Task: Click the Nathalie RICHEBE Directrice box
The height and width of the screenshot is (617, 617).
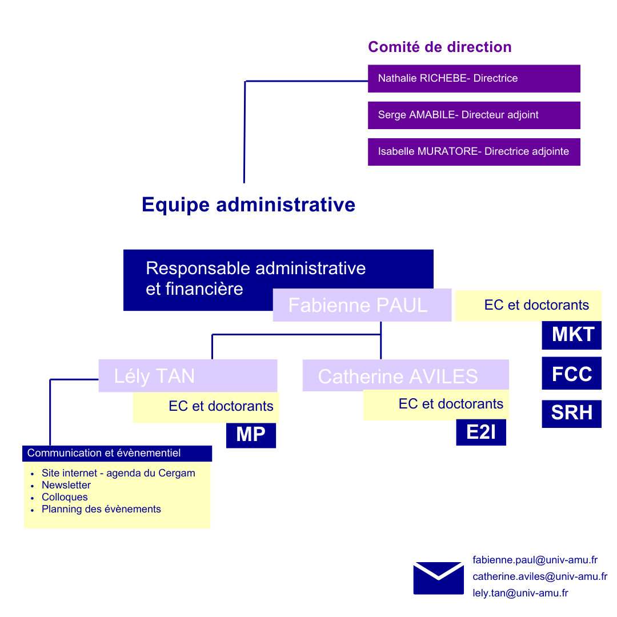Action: click(474, 78)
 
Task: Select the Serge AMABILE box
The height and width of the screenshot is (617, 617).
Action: click(474, 115)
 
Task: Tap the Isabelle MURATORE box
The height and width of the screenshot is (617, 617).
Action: click(474, 151)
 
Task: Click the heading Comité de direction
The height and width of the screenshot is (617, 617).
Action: click(439, 47)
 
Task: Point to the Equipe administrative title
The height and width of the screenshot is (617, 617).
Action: click(249, 205)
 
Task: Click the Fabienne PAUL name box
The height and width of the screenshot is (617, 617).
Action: click(362, 305)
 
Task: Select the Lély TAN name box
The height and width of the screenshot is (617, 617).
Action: click(187, 375)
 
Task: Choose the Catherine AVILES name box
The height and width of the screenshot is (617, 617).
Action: click(405, 375)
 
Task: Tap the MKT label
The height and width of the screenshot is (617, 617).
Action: click(571, 335)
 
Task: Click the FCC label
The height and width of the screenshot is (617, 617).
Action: click(571, 374)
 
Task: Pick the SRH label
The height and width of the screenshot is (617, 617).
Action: click(571, 413)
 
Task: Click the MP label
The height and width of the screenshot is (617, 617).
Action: click(251, 435)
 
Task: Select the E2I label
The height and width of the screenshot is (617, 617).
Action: click(480, 432)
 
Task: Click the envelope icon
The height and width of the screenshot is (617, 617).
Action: click(438, 578)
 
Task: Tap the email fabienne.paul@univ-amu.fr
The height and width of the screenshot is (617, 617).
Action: click(535, 560)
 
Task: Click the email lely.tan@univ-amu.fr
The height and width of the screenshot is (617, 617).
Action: click(520, 593)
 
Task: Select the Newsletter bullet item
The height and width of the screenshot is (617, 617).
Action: click(66, 485)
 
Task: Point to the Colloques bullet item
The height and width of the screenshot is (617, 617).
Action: click(65, 497)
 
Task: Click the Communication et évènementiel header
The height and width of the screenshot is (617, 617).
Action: click(117, 453)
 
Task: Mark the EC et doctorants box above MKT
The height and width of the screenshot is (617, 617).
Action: click(528, 305)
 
